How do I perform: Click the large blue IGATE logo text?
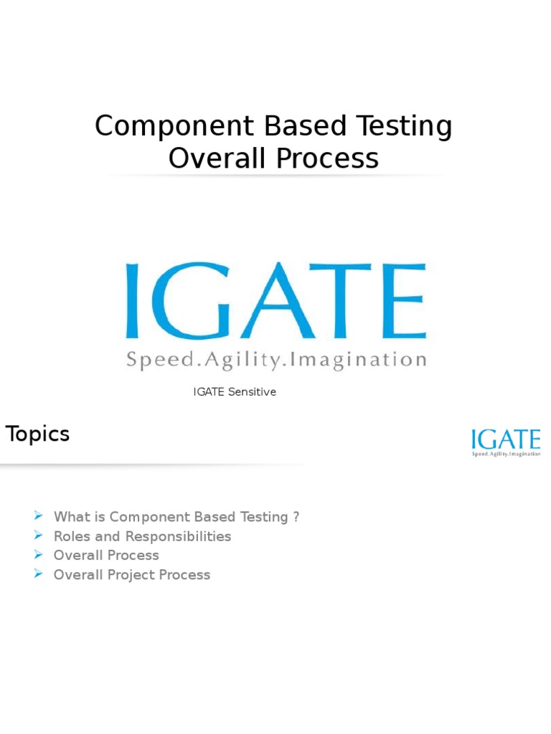point(276,301)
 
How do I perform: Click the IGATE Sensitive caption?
point(235,392)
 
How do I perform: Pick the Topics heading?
point(37,434)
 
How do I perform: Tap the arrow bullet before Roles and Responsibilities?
point(39,536)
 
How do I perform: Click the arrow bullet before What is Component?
point(39,517)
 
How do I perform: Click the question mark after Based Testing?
point(296,518)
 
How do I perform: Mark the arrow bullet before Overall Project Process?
point(39,575)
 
